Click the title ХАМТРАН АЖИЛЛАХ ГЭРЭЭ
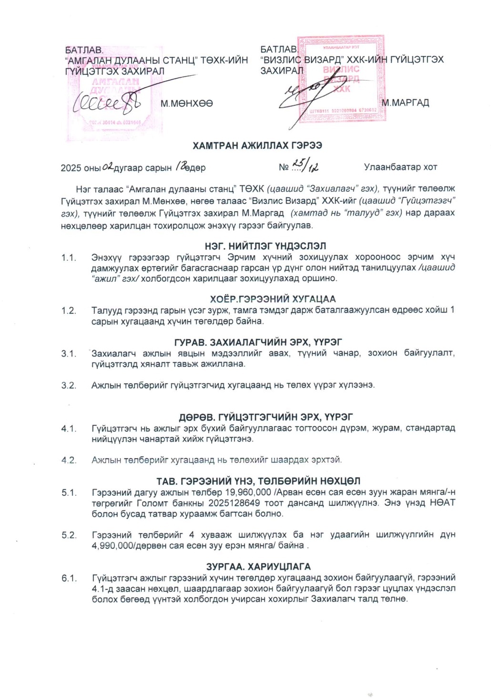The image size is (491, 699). click(257, 145)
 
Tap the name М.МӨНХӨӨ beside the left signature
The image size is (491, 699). click(187, 103)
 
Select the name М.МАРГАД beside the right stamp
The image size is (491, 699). click(405, 103)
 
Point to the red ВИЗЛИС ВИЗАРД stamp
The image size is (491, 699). click(340, 79)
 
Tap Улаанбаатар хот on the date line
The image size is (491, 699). click(400, 167)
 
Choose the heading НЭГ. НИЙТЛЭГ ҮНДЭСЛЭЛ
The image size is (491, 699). click(266, 246)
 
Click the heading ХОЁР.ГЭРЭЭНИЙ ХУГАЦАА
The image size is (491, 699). click(273, 299)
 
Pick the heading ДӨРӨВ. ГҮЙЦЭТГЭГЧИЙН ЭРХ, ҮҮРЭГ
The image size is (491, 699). click(266, 417)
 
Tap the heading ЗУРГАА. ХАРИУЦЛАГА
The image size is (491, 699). click(258, 566)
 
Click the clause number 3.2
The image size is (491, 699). click(69, 385)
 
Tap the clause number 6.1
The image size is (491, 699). click(69, 578)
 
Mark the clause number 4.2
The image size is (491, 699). click(69, 460)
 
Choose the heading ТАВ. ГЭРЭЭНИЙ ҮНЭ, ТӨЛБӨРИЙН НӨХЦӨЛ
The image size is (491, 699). click(258, 481)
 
